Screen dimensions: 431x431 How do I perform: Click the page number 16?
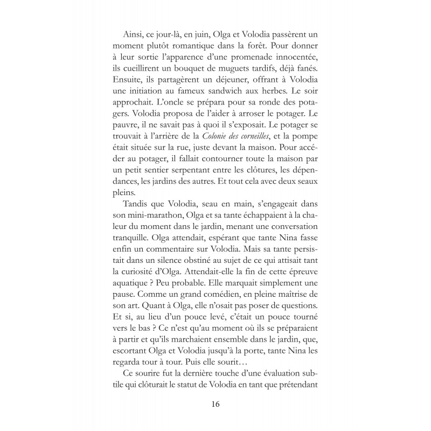click(215, 404)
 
